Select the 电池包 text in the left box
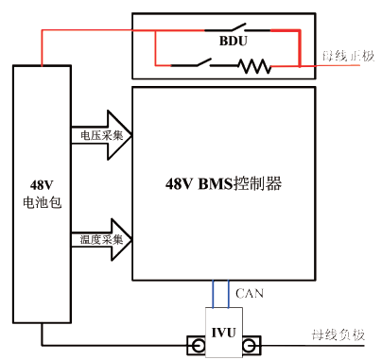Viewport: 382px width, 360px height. tap(43, 202)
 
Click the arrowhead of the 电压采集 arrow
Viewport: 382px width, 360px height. tap(123, 136)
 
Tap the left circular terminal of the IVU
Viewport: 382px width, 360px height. tap(198, 347)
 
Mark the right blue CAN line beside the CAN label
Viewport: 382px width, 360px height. tap(230, 293)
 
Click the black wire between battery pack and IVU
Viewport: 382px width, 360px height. tap(113, 346)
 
